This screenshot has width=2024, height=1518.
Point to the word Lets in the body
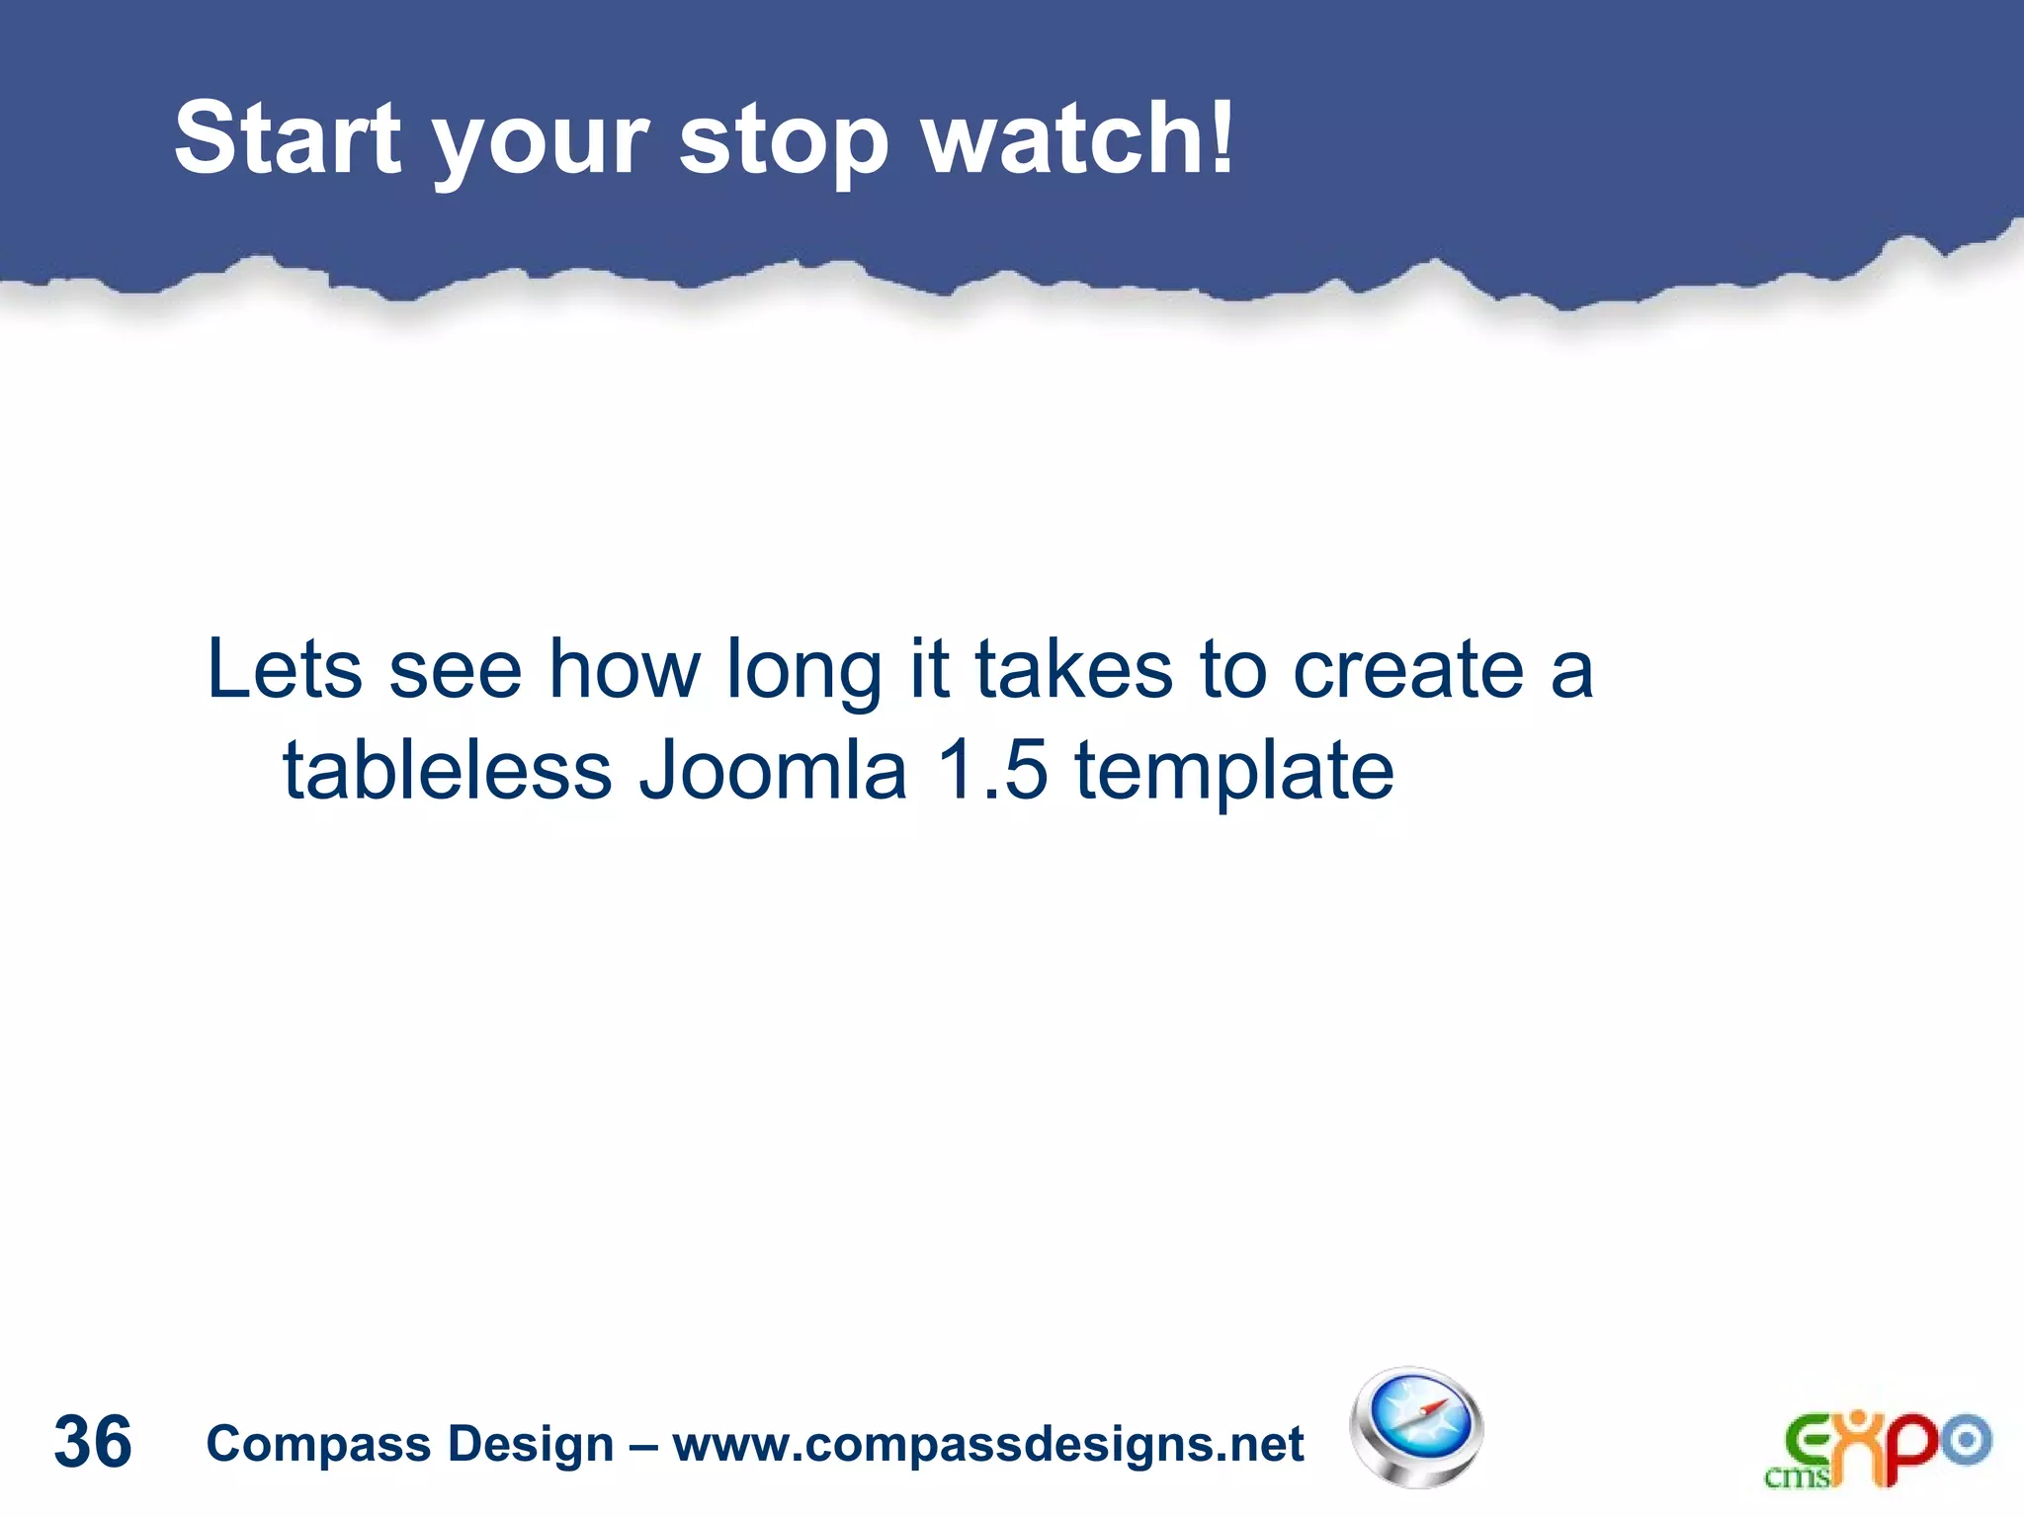click(x=285, y=669)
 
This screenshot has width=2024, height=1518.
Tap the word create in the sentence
click(x=1408, y=669)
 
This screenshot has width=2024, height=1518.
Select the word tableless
click(x=447, y=770)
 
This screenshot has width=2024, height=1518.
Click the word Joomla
click(x=772, y=770)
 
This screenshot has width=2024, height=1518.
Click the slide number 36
click(x=93, y=1442)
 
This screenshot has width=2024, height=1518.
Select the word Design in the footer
click(x=531, y=1445)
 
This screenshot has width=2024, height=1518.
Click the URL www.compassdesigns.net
click(x=988, y=1445)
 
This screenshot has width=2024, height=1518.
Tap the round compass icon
click(x=1416, y=1427)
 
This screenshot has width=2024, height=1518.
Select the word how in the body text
click(x=625, y=669)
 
